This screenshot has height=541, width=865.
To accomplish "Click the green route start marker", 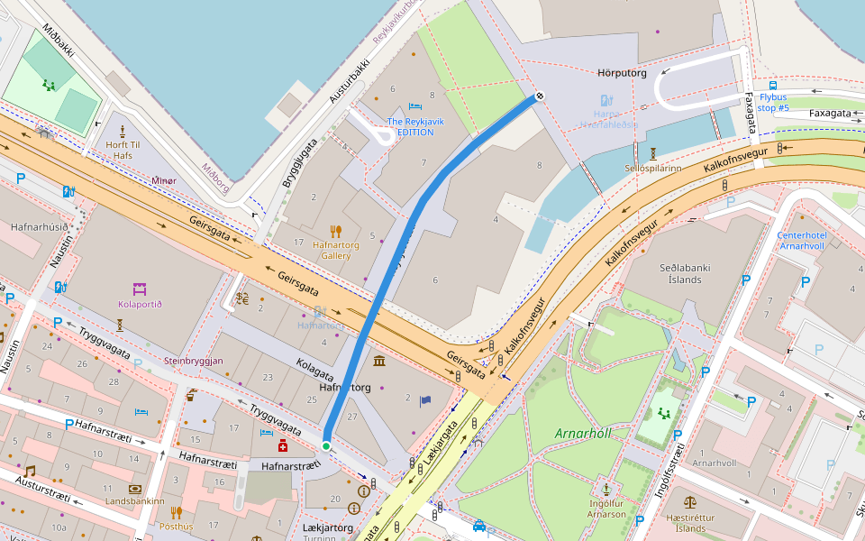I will pos(326,445).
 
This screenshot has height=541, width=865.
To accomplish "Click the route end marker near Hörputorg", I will pos(540,96).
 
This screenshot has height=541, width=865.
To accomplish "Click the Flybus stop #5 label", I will pos(773,102).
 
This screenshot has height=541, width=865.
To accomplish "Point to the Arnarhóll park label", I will pos(582,433).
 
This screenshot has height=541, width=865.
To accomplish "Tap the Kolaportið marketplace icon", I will pos(140,289).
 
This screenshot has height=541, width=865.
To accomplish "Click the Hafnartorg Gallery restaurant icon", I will pos(336,232).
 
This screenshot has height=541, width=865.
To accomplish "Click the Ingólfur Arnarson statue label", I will pos(606,509).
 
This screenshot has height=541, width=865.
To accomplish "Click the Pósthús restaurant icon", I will pos(177,512).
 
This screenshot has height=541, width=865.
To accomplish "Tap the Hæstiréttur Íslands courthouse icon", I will pos(690,501).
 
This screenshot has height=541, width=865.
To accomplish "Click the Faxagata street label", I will pos(830,114).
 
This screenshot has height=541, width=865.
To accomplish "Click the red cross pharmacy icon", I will pos(283,445).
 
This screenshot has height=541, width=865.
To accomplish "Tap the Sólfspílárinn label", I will pos(652,168).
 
